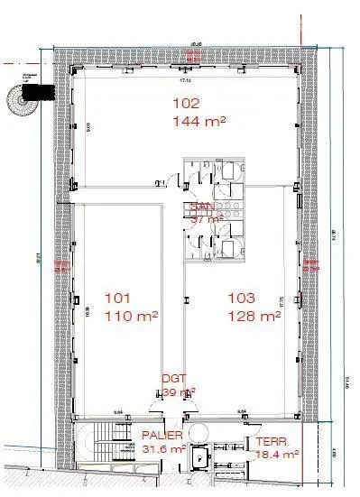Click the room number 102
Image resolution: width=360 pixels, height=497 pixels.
(185, 102)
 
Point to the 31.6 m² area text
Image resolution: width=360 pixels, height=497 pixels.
(164, 448)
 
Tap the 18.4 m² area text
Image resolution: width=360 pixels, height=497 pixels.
(277, 456)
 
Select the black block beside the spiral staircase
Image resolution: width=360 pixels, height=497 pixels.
(41, 91)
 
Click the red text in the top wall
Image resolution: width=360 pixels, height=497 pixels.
(190, 55)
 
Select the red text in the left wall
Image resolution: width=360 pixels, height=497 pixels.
(62, 265)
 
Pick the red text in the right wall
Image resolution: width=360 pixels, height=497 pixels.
(312, 265)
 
